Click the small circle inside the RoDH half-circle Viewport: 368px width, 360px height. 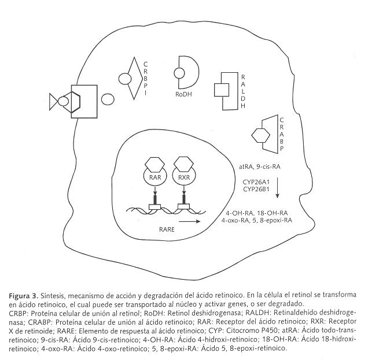[x=178, y=73]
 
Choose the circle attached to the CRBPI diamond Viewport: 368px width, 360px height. [x=126, y=77]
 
